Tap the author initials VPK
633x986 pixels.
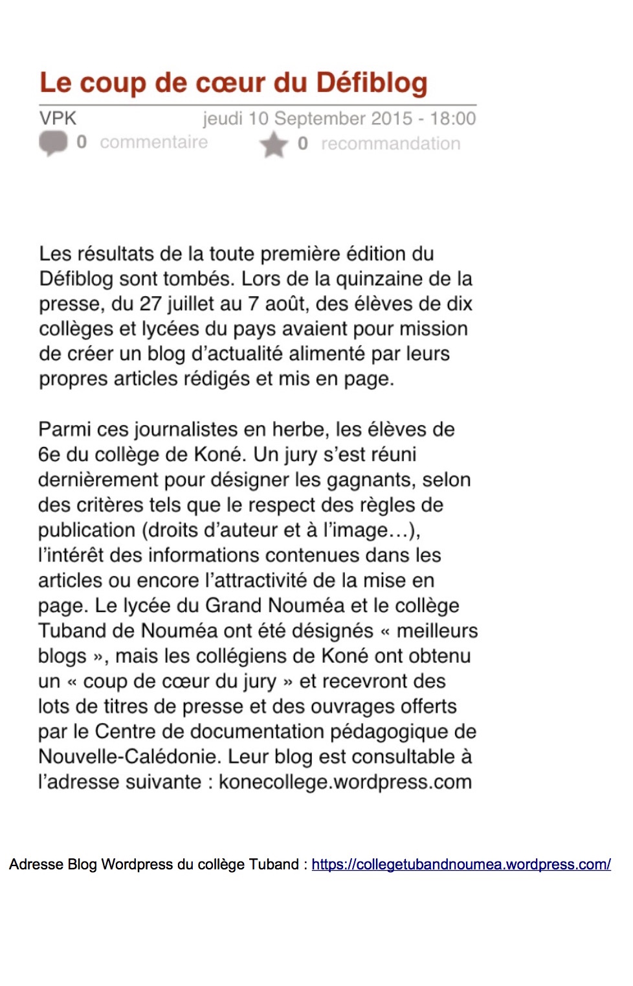(58, 119)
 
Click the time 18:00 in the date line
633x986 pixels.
(453, 119)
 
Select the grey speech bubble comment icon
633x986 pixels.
(53, 143)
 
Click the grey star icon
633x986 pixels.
(274, 144)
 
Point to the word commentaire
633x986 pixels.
(153, 142)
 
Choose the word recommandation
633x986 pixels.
(390, 144)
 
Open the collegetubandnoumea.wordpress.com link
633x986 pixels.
(461, 864)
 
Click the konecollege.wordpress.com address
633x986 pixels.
(345, 782)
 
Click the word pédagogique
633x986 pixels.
(389, 731)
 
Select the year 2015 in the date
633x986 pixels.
(392, 119)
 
